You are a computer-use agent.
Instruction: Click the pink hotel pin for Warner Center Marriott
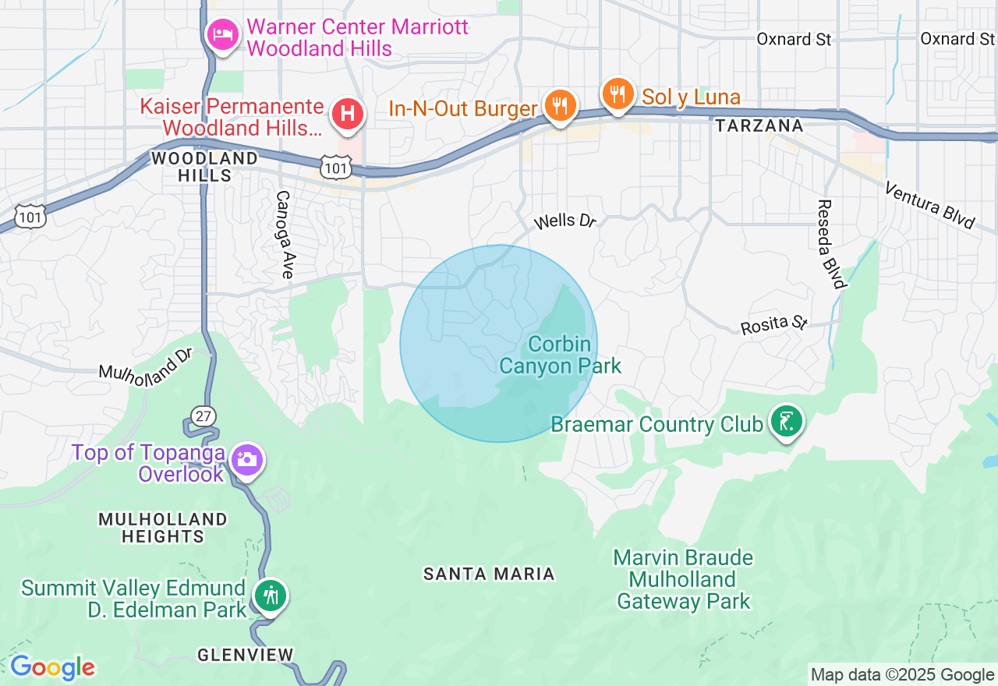(x=223, y=35)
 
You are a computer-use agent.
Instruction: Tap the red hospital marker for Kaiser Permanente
(x=348, y=114)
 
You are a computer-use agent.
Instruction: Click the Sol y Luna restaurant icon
(x=618, y=94)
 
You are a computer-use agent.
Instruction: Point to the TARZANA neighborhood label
(x=759, y=126)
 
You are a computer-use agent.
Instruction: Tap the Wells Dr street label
(x=564, y=222)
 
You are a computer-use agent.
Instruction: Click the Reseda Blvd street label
(x=831, y=244)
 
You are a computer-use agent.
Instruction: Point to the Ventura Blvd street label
(x=930, y=205)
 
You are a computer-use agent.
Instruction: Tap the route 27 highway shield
(x=203, y=415)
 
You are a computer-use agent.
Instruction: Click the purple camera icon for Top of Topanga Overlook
(x=247, y=460)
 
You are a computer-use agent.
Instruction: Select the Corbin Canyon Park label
(x=560, y=355)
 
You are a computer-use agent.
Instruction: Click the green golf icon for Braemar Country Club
(x=786, y=422)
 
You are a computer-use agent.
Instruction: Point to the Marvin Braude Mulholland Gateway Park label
(x=683, y=579)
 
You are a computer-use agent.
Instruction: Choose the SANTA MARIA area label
(x=489, y=575)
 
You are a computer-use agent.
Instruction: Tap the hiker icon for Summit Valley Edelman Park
(x=270, y=596)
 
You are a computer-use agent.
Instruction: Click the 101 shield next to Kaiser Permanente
(x=335, y=165)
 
